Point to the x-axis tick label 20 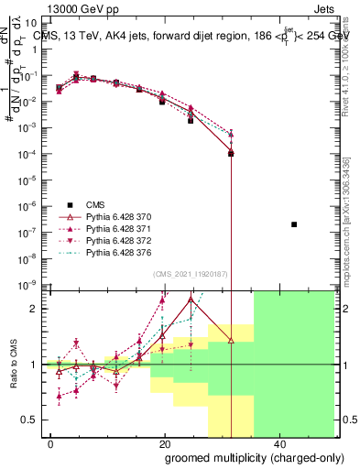point(164,443)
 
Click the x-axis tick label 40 point(277,443)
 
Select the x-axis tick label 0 point(51,443)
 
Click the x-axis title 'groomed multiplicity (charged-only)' point(242,457)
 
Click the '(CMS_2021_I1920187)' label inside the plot point(190,273)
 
